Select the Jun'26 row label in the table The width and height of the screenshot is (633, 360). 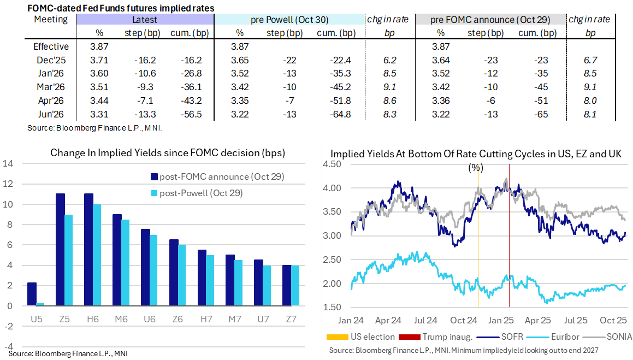coord(51,114)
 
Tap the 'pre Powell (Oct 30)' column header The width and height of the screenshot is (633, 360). coord(289,20)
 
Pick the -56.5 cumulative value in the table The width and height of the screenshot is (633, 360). coord(191,114)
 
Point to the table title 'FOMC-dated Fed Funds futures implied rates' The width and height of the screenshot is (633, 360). coord(120,8)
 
